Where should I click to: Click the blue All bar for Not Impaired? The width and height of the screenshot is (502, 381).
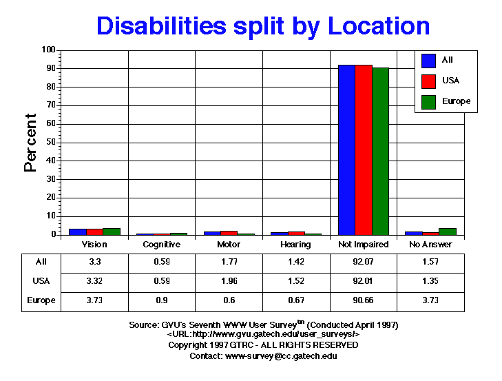(x=346, y=150)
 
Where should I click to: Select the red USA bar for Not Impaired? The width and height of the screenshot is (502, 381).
(x=364, y=150)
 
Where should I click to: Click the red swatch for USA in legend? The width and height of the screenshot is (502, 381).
(x=428, y=81)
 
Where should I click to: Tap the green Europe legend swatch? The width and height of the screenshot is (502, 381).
(x=428, y=102)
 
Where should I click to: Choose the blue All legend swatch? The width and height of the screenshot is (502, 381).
(x=428, y=61)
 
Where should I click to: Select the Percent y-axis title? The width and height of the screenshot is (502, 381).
(x=31, y=143)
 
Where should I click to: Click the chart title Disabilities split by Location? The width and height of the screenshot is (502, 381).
(x=263, y=25)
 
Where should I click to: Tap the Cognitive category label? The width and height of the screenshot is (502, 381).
(x=161, y=245)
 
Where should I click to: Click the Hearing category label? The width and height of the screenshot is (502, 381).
(x=296, y=245)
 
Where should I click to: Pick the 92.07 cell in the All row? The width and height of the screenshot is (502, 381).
(x=364, y=262)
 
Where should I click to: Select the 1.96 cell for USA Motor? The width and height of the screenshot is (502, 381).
(x=229, y=282)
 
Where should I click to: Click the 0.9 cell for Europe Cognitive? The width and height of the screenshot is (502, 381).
(x=161, y=301)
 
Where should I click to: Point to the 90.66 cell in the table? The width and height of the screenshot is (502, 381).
(x=364, y=301)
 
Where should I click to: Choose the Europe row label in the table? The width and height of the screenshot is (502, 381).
(x=41, y=301)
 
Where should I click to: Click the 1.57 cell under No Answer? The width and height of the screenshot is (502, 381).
(x=431, y=262)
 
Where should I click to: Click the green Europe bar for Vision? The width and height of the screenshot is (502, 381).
(x=112, y=231)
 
